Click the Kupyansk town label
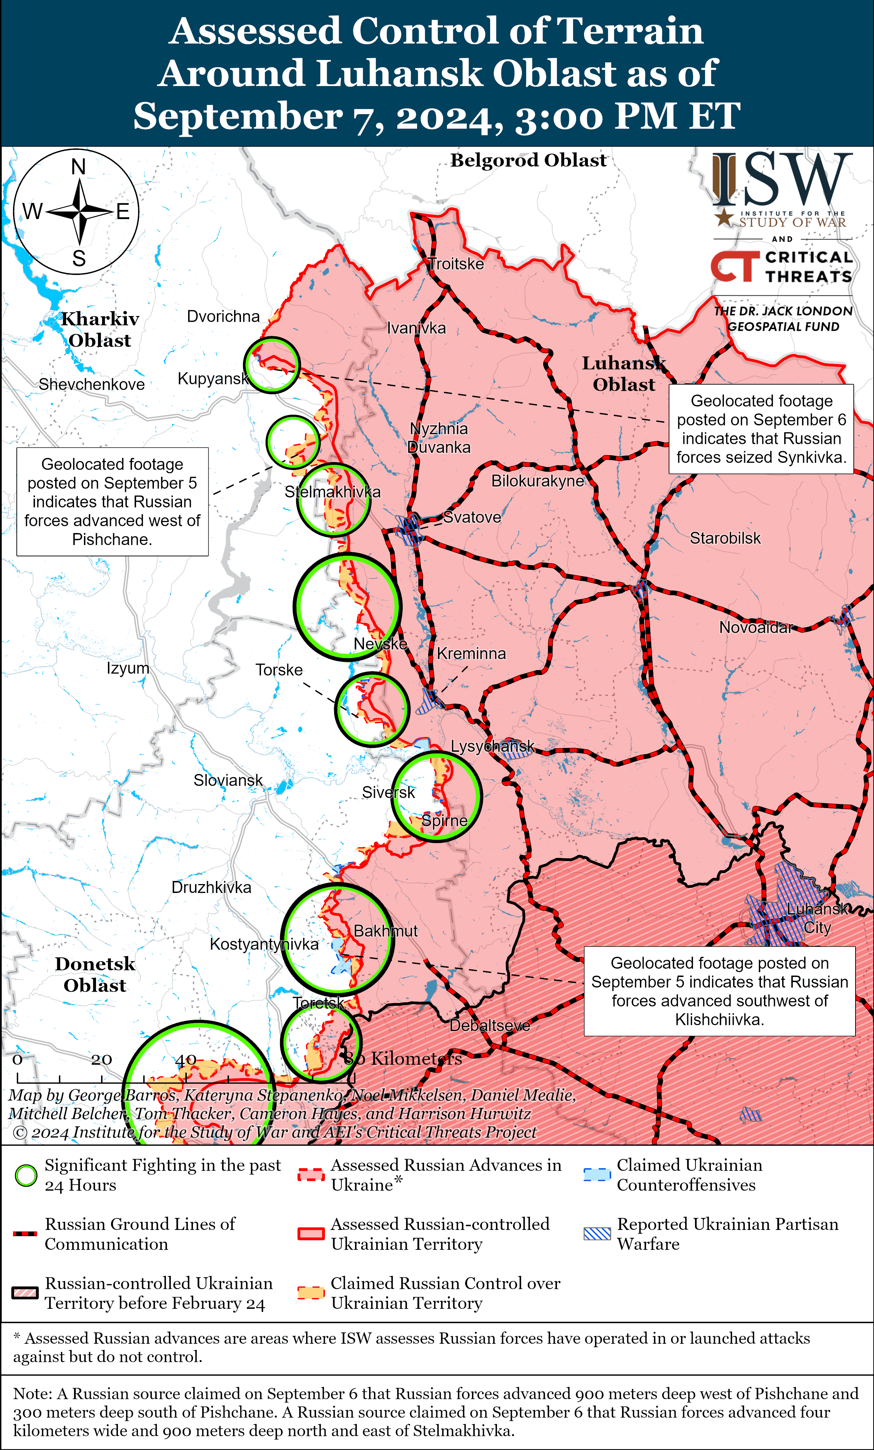pos(213,378)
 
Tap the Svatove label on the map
pos(472,517)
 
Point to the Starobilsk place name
pos(725,538)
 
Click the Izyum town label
pos(128,668)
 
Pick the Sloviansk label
pos(228,780)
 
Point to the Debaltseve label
pos(490,1026)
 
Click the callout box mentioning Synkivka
pos(761,429)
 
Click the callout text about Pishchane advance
pos(112,502)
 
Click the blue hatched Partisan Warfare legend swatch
pos(597,1234)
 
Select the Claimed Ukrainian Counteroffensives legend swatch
pos(597,1175)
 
